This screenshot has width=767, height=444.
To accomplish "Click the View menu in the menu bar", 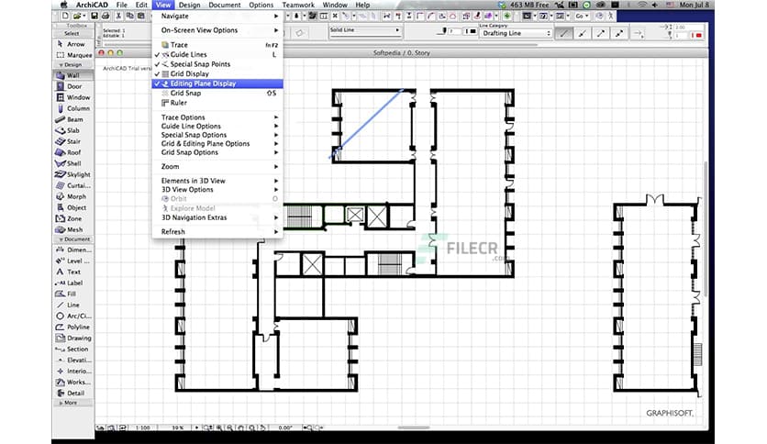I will [x=163, y=6].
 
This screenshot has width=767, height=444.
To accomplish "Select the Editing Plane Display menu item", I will [x=203, y=83].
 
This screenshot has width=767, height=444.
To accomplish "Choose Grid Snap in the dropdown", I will [x=185, y=93].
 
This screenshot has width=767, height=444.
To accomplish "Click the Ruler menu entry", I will [x=179, y=103].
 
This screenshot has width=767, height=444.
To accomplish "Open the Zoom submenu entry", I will [x=171, y=167].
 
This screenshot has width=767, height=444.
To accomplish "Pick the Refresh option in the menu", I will [x=173, y=232].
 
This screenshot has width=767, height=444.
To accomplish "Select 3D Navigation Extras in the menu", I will [x=194, y=217].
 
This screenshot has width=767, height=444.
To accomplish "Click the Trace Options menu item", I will [x=183, y=117].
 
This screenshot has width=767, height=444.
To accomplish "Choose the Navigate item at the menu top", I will [x=176, y=17].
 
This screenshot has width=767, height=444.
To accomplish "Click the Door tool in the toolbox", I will [x=73, y=86].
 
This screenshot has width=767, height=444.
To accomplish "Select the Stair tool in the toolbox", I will [x=73, y=141].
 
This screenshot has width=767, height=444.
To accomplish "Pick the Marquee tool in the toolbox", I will [x=76, y=54].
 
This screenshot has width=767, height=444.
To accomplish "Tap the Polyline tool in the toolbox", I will [x=77, y=327].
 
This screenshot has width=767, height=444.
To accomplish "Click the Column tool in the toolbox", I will [x=77, y=108].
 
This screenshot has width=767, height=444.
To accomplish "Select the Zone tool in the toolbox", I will [x=73, y=218].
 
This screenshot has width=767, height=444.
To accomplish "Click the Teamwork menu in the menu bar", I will [x=297, y=6].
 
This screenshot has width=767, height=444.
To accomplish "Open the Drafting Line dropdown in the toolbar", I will [x=514, y=33].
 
